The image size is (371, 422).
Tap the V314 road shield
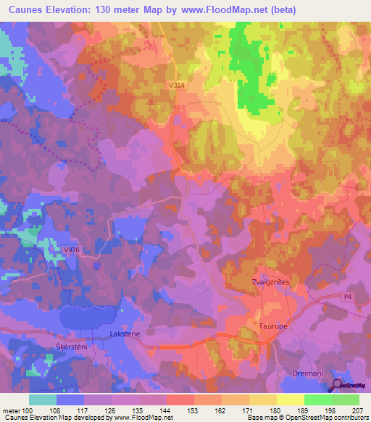[x=175, y=86]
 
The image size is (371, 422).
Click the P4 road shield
[x=349, y=297]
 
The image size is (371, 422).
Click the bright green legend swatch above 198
[x=317, y=400]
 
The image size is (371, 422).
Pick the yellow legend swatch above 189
[x=290, y=400]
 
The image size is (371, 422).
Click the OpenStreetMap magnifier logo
[x=337, y=386]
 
